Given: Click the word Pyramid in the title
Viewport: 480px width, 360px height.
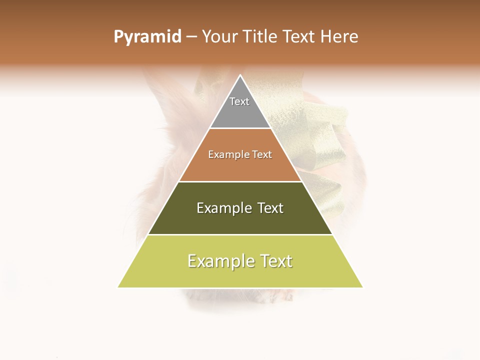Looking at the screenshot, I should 147,37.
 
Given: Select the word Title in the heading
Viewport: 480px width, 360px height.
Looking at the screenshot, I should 261,37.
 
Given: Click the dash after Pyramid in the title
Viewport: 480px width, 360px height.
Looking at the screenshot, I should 191,37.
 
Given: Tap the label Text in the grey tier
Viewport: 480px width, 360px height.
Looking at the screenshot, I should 239,101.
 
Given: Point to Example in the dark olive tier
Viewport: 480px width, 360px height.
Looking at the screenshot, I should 224,208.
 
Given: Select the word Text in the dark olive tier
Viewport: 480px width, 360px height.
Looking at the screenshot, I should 270,208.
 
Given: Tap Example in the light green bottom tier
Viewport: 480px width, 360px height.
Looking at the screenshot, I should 220,261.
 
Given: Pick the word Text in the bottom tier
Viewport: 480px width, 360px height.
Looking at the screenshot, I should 276,261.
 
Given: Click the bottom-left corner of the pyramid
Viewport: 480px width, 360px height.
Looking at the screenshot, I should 118,287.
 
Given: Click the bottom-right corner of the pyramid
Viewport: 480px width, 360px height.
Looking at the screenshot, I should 362,287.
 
